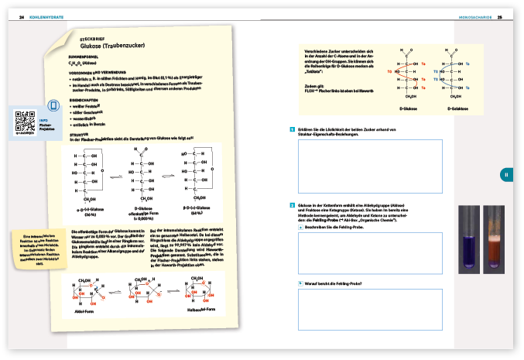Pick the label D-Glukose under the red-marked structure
405,109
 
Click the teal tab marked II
506,175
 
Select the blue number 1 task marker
290,129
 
